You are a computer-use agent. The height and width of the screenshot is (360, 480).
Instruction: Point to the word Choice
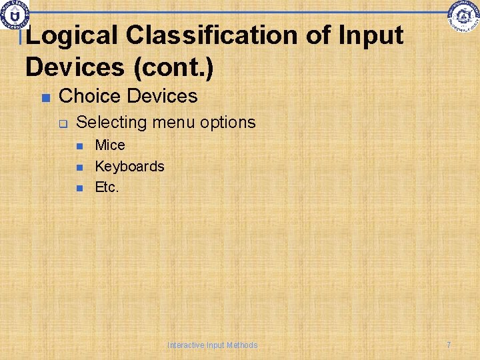[x=90, y=96]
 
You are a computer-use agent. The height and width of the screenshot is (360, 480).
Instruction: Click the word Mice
[x=110, y=145]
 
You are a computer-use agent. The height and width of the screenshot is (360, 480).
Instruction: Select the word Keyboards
[x=129, y=166]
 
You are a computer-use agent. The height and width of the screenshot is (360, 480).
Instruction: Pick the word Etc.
[x=107, y=187]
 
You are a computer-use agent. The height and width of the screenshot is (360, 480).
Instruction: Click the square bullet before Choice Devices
[x=45, y=97]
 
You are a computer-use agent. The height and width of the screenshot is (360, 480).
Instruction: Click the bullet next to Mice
[x=80, y=146]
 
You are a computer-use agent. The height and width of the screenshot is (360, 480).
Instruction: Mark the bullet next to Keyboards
[x=80, y=167]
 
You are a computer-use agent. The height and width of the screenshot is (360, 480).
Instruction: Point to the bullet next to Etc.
[x=80, y=189]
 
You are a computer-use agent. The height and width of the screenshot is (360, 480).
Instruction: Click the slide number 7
[x=449, y=345]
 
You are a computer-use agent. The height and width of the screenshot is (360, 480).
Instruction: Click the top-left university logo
[x=14, y=15]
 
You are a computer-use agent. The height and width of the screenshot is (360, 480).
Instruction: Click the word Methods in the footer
[x=241, y=345]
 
